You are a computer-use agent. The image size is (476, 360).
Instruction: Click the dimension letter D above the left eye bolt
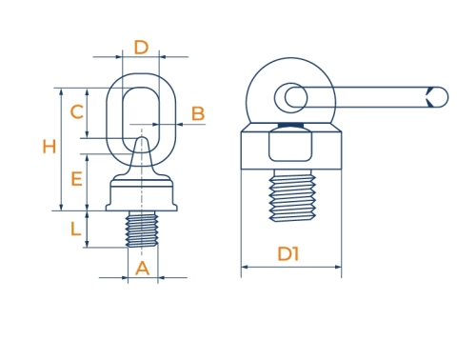[141, 48]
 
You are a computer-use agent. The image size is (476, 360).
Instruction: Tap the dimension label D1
[288, 254]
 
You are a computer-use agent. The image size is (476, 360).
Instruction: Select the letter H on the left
[50, 147]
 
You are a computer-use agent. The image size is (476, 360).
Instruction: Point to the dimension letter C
[77, 111]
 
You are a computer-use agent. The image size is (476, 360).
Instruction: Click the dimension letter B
[198, 113]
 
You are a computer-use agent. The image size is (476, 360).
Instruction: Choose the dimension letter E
[76, 179]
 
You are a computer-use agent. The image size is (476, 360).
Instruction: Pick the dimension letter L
[75, 229]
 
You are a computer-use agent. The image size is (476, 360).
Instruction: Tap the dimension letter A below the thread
[142, 269]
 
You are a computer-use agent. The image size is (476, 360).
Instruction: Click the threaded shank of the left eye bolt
[142, 229]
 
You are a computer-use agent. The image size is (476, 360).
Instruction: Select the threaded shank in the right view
[292, 195]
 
